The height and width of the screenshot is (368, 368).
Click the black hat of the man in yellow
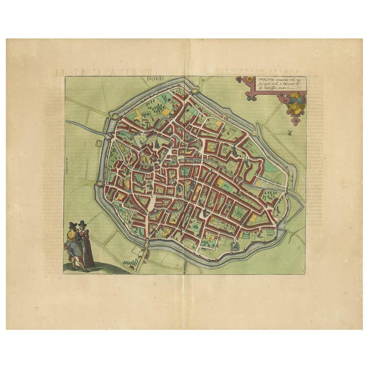click(x=72, y=226)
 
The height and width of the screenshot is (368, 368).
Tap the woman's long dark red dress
click(x=88, y=252)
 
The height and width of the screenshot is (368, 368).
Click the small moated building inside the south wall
click(x=235, y=246)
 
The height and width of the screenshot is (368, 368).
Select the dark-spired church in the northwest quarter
click(x=156, y=144)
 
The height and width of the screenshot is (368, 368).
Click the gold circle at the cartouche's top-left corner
click(x=238, y=80)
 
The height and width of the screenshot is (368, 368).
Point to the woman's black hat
click(x=82, y=223)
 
